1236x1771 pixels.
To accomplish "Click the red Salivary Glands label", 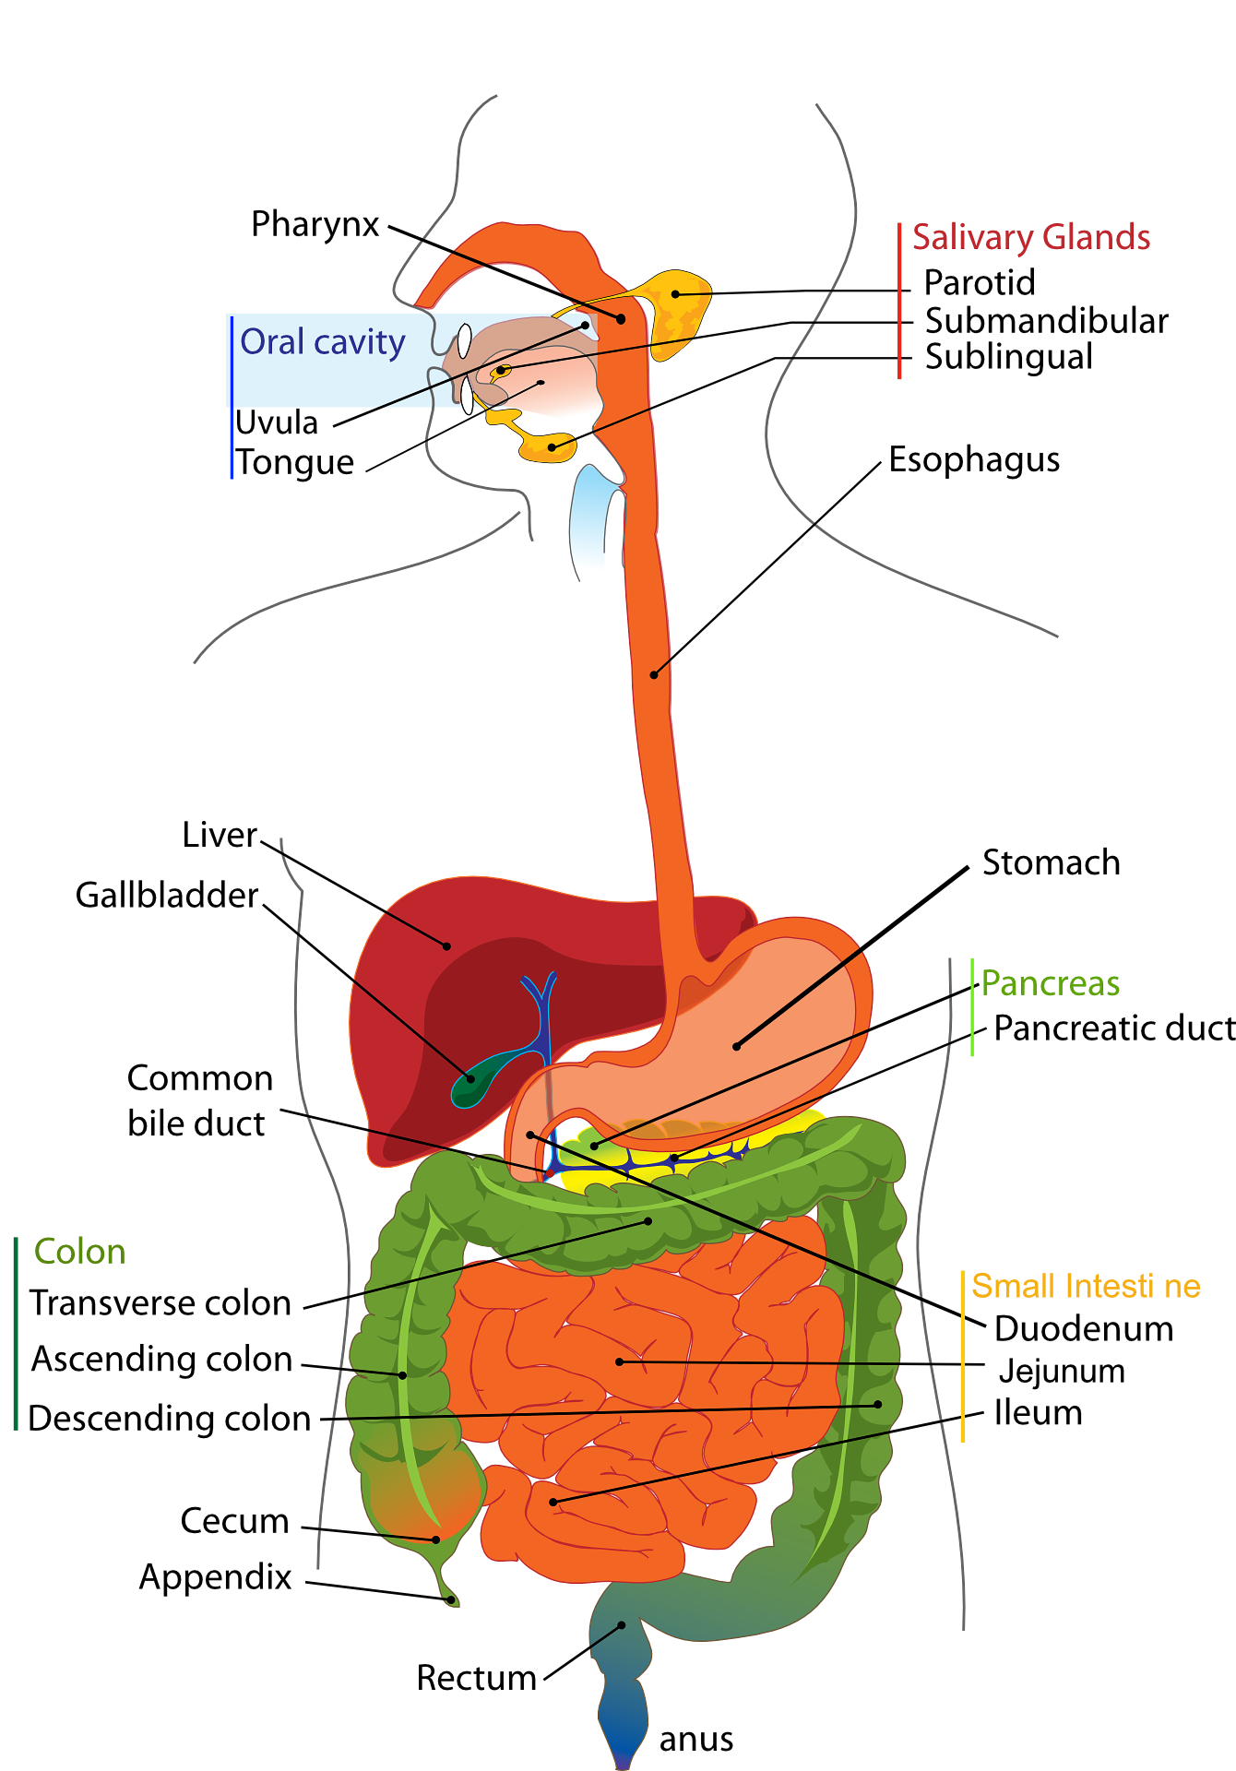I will (1031, 238).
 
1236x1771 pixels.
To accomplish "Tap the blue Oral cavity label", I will (322, 342).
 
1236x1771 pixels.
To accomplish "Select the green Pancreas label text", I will (1051, 983).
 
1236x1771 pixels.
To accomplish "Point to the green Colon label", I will (78, 1252).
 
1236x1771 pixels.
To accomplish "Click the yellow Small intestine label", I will (1085, 1286).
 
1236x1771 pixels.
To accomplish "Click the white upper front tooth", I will (465, 341).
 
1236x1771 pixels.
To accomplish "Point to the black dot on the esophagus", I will (654, 675).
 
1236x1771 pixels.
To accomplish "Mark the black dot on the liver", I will (447, 945).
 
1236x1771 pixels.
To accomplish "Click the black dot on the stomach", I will (736, 1046).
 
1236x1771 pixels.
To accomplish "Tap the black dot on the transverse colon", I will (648, 1221).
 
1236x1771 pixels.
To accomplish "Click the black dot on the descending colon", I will (878, 1404).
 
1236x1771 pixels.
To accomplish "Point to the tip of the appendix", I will (451, 1600).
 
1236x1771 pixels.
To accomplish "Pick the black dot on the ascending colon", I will (403, 1375).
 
